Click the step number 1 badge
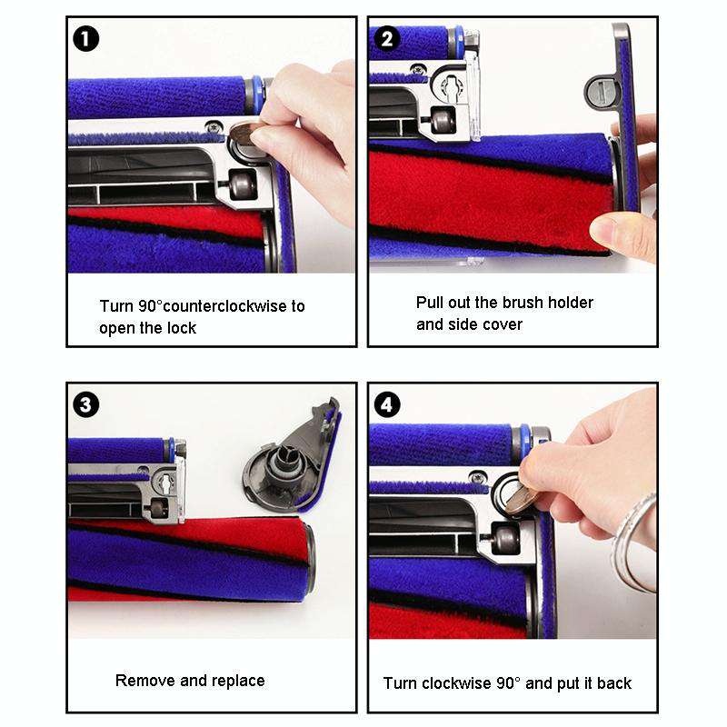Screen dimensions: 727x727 [85, 39]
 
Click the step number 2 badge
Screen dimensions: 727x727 [388, 39]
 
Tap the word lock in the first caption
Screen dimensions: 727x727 [182, 328]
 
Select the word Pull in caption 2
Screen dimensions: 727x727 [431, 303]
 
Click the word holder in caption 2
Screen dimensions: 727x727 [571, 303]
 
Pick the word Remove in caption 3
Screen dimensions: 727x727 [142, 680]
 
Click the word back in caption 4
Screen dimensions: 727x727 [613, 682]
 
